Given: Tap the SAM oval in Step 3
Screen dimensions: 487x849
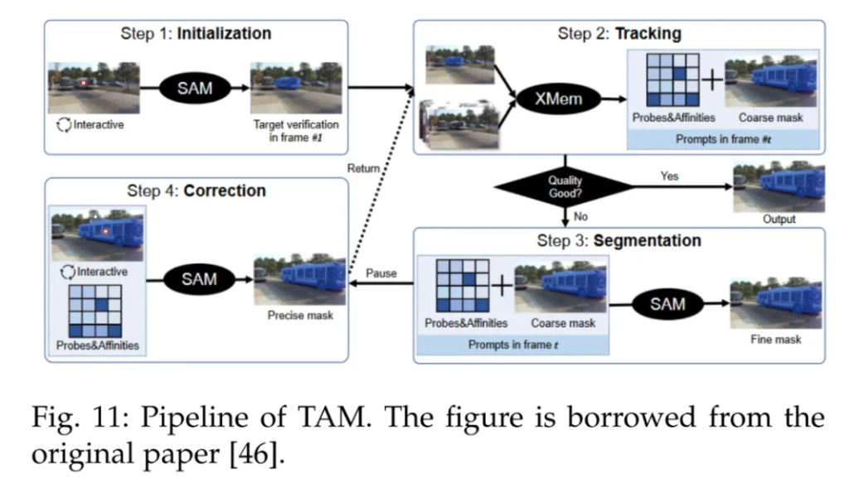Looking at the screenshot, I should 668,304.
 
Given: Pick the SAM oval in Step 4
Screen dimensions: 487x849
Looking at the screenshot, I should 199,279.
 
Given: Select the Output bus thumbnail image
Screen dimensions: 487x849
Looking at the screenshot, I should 779,186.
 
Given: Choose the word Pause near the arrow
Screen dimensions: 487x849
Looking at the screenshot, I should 381,272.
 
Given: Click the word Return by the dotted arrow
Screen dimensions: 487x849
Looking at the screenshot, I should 361,169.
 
